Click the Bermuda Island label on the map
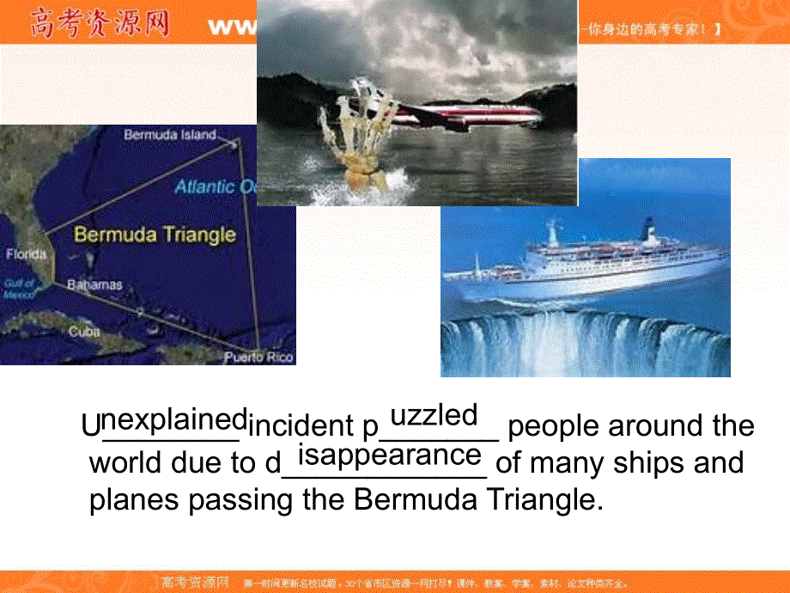click(x=169, y=135)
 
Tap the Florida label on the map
click(x=26, y=254)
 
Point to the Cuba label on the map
click(x=84, y=331)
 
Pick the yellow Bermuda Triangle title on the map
click(x=155, y=235)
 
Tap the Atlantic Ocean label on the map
click(x=215, y=186)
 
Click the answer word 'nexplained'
click(x=175, y=420)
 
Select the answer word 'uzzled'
click(x=434, y=416)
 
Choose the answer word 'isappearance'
click(x=389, y=454)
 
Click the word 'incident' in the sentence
click(x=295, y=426)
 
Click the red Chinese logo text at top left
click(x=98, y=23)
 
